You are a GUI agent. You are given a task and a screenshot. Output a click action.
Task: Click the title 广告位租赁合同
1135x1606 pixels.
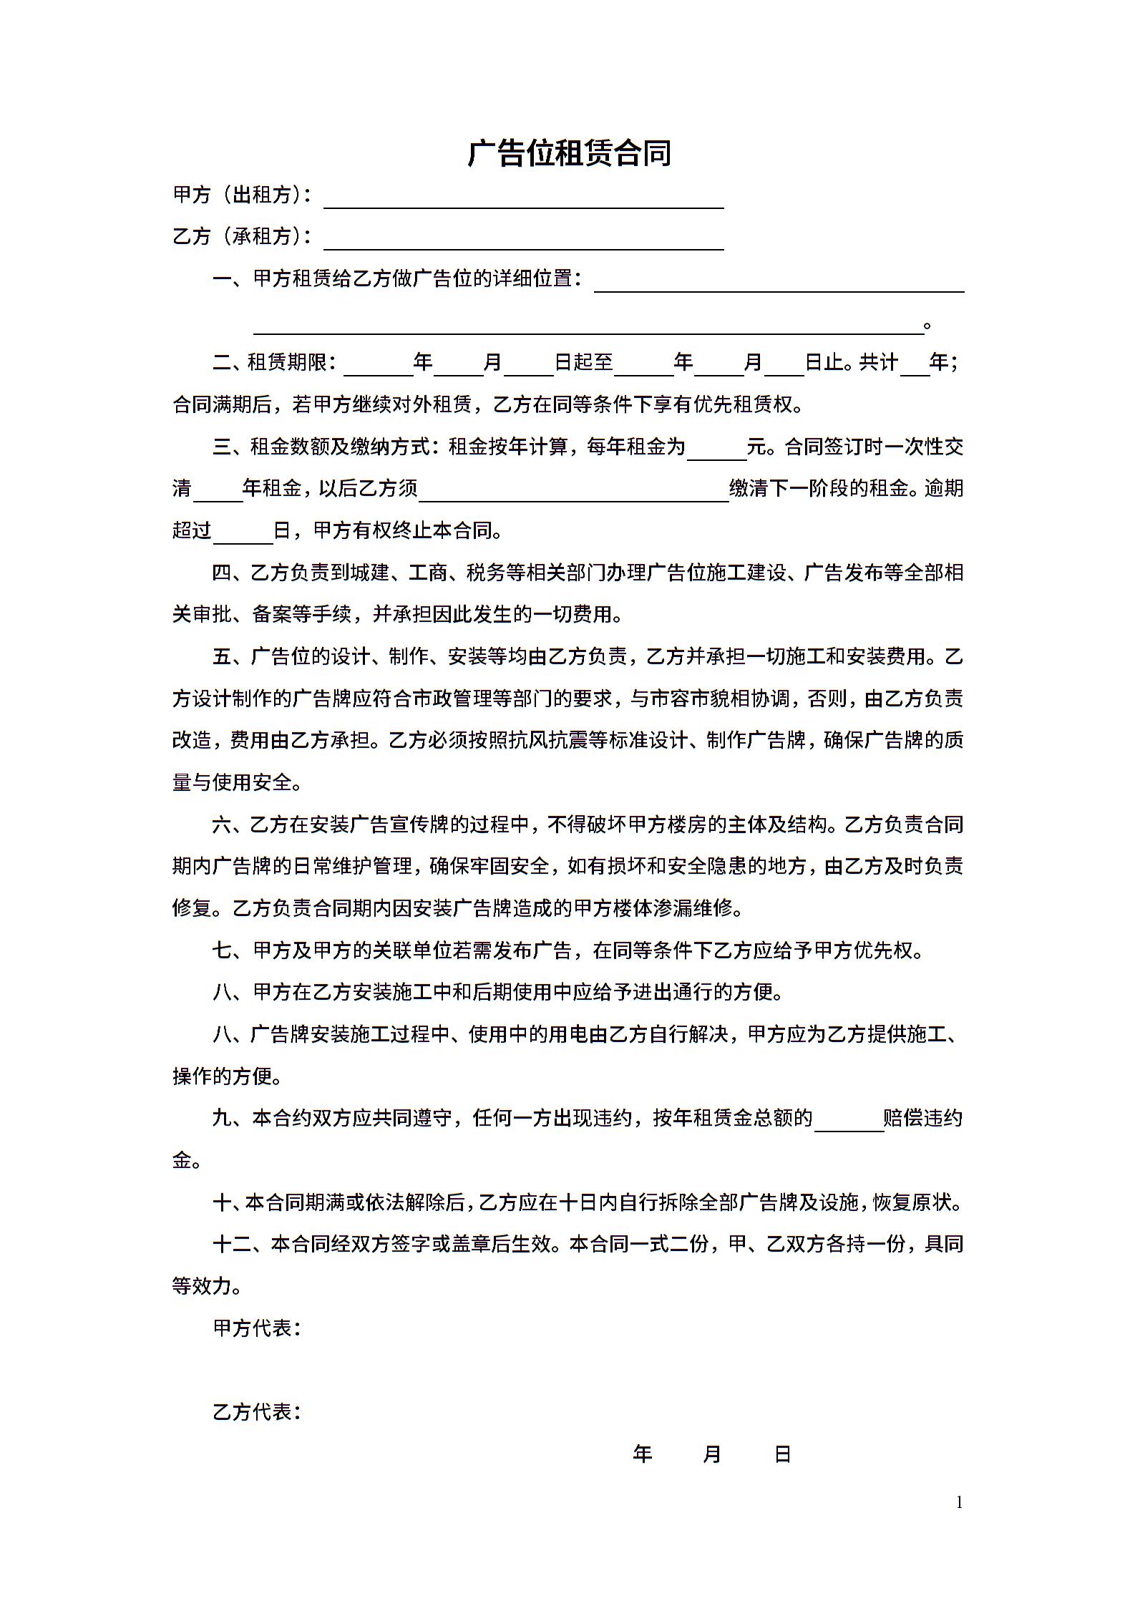click(569, 153)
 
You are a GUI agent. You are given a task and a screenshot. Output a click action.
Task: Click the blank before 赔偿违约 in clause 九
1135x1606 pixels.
click(849, 1120)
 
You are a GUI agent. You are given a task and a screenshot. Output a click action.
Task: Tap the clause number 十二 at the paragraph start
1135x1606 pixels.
click(232, 1245)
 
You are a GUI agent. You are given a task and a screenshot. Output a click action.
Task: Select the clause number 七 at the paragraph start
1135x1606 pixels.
click(223, 951)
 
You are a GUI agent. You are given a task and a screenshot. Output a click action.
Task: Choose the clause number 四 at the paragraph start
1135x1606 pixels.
click(223, 573)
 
